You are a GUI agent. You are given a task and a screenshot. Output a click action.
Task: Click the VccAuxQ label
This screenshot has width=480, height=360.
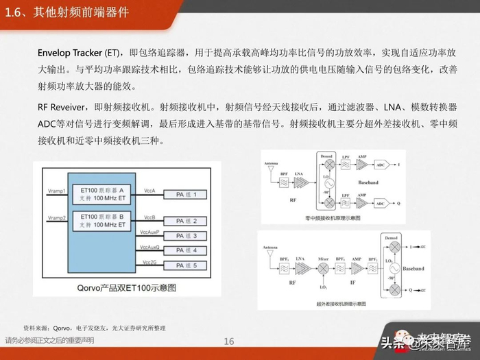pos(149,247)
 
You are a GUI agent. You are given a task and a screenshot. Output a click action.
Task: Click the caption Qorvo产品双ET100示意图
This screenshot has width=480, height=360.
pos(123,287)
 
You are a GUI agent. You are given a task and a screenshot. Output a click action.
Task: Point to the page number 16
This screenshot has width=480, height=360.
pos(229,341)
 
